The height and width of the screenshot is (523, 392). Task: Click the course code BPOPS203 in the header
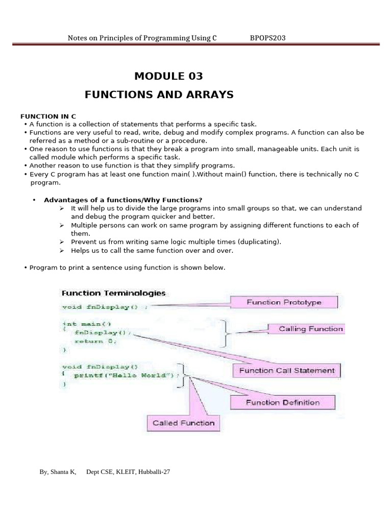[271, 38]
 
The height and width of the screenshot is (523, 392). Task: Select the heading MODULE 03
[168, 76]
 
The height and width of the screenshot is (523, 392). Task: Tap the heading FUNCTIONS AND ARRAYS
[159, 94]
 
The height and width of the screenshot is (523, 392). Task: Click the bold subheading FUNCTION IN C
[48, 116]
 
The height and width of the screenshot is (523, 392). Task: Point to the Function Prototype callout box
[284, 302]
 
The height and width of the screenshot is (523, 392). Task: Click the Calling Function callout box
[310, 329]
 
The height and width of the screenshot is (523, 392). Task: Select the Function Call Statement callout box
[287, 371]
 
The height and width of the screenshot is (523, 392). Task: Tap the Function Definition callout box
[283, 402]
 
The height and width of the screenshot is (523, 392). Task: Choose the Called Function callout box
[183, 423]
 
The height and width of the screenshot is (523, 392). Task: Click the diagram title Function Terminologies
[113, 293]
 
